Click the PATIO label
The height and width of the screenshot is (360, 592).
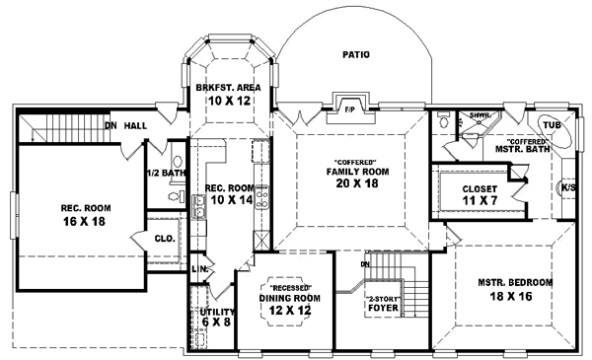point(357,55)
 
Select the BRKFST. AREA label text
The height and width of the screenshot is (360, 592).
point(227,88)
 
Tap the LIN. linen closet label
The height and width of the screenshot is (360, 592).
point(198,268)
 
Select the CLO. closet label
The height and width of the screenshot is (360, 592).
point(164,238)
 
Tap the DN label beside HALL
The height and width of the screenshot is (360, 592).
point(111,124)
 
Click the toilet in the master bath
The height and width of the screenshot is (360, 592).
point(443,125)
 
